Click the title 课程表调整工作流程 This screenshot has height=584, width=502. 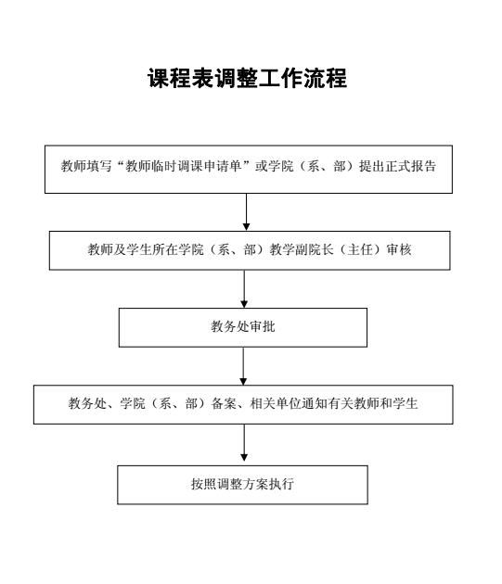point(247,78)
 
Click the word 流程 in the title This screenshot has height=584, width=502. point(325,78)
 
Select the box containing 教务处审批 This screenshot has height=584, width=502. point(243,327)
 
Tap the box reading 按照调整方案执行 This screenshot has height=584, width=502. point(242,485)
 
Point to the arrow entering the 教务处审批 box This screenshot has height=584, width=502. point(244,288)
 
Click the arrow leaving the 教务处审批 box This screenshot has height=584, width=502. point(243,366)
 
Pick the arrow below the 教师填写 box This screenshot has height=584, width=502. point(246,212)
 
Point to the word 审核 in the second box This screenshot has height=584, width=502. point(399,249)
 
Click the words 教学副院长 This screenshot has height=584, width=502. point(302,249)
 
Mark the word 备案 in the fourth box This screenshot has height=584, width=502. point(224,403)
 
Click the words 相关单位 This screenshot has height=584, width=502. point(276,403)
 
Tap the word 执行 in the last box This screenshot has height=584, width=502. point(281,484)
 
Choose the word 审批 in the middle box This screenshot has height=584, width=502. point(263,326)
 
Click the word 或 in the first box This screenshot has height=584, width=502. point(261,166)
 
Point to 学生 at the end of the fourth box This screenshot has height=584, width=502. point(405,403)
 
